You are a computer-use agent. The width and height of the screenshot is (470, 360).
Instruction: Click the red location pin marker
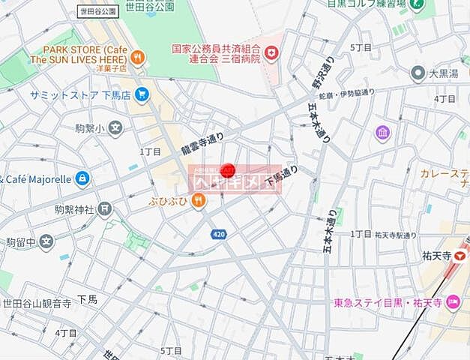(x=230, y=169)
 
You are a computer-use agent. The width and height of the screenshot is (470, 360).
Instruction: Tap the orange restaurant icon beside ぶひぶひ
(x=198, y=199)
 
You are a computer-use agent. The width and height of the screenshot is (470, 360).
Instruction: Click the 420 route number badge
(x=218, y=234)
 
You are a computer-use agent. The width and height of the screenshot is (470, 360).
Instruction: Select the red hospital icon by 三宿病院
(x=271, y=52)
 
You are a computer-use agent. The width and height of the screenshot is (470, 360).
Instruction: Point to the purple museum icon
(x=383, y=133)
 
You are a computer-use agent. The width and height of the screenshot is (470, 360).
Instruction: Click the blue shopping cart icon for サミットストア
(x=142, y=94)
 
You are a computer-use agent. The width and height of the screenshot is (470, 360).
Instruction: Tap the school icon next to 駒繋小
(x=115, y=128)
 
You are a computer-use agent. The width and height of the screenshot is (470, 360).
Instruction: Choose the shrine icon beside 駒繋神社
(x=104, y=209)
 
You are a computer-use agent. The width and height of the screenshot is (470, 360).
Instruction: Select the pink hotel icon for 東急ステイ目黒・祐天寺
(x=453, y=302)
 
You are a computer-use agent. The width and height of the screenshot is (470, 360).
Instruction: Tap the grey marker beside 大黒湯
(x=418, y=73)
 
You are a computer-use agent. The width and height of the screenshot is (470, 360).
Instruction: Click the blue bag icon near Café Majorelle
(x=82, y=178)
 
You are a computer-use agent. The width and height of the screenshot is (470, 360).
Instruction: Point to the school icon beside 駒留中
(x=46, y=241)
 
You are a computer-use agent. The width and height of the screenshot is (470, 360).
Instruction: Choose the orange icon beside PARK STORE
(x=137, y=56)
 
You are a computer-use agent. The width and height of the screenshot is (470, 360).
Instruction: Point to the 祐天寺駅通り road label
(x=395, y=235)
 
